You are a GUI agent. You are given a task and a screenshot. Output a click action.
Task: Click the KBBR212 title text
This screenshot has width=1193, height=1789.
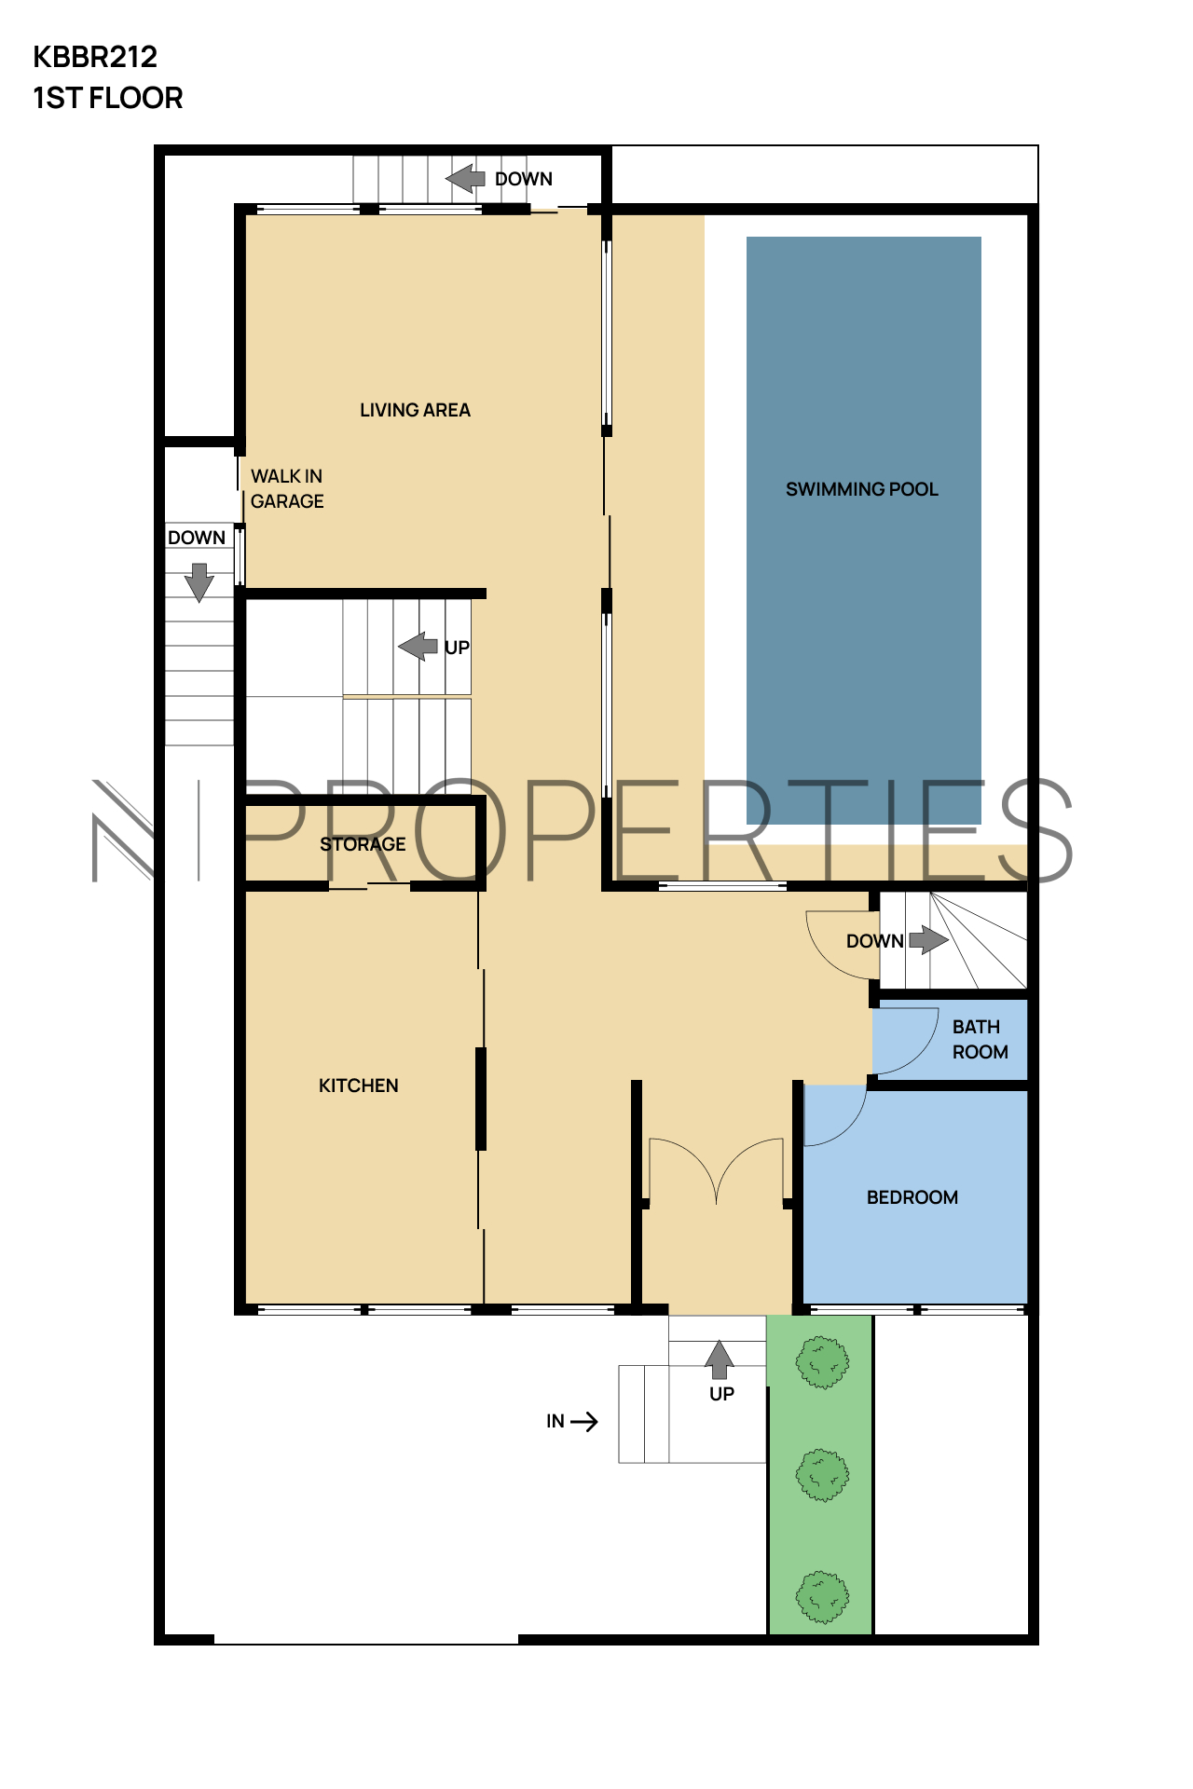pos(95,58)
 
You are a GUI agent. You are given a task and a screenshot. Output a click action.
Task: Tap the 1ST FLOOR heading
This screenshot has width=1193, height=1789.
pos(108,98)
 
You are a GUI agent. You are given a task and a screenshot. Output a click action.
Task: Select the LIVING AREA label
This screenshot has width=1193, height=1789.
pos(415,410)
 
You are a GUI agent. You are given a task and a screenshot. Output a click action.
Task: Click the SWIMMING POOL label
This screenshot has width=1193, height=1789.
pos(862,489)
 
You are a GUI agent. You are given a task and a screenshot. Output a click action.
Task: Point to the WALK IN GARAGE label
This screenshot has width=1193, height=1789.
pos(287,488)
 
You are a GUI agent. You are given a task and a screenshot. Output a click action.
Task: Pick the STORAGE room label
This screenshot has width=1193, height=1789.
pos(363,844)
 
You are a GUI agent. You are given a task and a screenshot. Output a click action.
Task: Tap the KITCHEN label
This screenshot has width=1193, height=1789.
pos(359,1086)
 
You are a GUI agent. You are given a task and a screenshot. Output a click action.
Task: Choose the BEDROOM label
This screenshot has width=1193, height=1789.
pos(912,1197)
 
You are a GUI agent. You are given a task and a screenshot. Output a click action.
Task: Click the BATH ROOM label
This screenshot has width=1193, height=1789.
pos(980,1039)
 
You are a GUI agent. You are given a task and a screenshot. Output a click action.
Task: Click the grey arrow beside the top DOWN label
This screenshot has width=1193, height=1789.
pos(465,178)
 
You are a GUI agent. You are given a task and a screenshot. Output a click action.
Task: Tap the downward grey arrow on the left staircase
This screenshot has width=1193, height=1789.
pos(199,582)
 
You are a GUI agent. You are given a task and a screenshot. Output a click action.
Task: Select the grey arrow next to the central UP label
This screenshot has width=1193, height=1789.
pos(418,646)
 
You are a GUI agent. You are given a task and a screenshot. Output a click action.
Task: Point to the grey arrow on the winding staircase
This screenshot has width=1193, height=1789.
pos(928,939)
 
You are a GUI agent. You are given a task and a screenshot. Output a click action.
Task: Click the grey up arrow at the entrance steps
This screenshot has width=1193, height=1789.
pos(719,1359)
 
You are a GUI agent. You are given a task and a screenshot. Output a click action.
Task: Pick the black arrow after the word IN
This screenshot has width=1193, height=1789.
pos(584,1422)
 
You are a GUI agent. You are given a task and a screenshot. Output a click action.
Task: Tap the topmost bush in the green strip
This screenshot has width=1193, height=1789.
pos(822,1362)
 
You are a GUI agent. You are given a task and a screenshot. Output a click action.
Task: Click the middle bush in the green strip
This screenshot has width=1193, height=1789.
pos(822,1475)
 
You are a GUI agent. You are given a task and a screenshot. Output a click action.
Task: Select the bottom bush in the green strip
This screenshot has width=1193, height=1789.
pos(822,1597)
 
